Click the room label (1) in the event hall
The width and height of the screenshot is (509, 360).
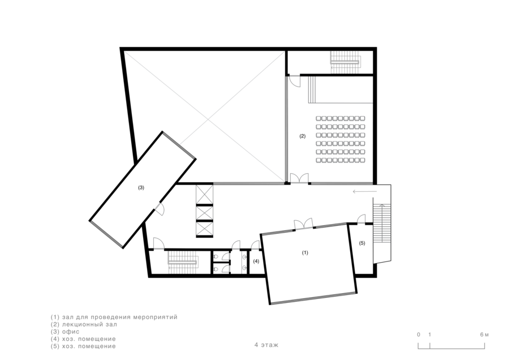click(x=305, y=252)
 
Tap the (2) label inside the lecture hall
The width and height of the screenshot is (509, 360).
click(x=302, y=136)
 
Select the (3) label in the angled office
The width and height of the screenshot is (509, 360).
click(x=141, y=187)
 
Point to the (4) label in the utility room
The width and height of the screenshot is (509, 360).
click(x=256, y=261)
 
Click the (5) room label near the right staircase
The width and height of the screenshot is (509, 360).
click(x=362, y=243)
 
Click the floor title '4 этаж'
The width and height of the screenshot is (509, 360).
click(x=266, y=345)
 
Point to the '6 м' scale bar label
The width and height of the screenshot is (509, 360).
click(x=484, y=335)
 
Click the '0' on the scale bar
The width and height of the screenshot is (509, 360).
click(x=419, y=335)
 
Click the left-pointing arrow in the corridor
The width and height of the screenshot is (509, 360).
click(x=365, y=192)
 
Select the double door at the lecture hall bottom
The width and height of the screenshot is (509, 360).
click(x=299, y=178)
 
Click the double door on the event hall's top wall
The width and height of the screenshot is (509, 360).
click(x=304, y=224)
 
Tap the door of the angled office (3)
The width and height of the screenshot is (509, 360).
click(x=159, y=209)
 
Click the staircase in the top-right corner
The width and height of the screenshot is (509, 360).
click(x=345, y=62)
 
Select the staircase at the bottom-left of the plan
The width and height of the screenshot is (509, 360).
click(x=183, y=262)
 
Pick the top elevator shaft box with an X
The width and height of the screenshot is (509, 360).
click(x=205, y=194)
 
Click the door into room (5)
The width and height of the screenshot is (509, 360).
click(x=361, y=219)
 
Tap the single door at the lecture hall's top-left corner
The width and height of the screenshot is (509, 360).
click(x=295, y=81)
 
